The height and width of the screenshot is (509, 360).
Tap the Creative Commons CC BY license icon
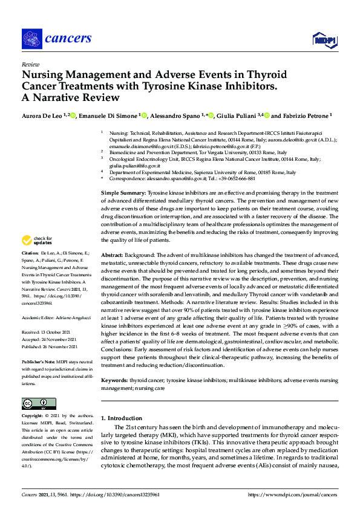pyautogui.click(x=39, y=404)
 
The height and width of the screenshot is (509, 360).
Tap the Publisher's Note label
pyautogui.click(x=38, y=360)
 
